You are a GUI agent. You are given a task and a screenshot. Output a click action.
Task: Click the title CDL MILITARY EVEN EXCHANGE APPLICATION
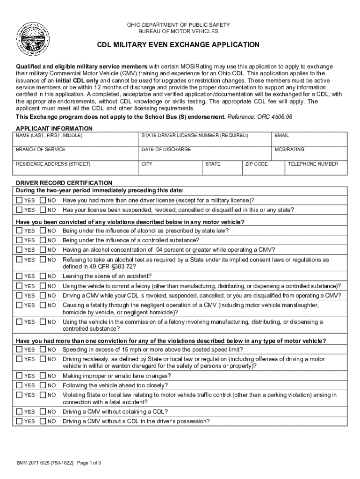pyautogui.click(x=178, y=45)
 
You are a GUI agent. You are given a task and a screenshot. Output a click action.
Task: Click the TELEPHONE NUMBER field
pyautogui.click(x=316, y=169)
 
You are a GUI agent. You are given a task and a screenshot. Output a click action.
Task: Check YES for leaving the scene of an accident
pyautogui.click(x=19, y=276)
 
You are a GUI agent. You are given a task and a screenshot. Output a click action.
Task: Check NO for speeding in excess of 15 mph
pyautogui.click(x=43, y=349)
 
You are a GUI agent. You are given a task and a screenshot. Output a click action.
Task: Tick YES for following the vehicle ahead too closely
pyautogui.click(x=19, y=385)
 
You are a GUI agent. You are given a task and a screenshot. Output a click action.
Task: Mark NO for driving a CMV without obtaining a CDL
pyautogui.click(x=43, y=412)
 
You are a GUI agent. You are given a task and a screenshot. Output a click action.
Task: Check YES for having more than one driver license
pyautogui.click(x=19, y=200)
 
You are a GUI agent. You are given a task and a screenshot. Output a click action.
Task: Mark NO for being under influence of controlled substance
pyautogui.click(x=43, y=240)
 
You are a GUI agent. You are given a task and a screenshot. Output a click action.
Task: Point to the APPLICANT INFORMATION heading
pyautogui.click(x=54, y=128)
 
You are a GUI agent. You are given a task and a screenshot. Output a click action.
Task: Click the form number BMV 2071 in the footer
pyautogui.click(x=29, y=463)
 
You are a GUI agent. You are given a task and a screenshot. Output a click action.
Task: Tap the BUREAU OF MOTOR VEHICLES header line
pyautogui.click(x=178, y=31)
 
